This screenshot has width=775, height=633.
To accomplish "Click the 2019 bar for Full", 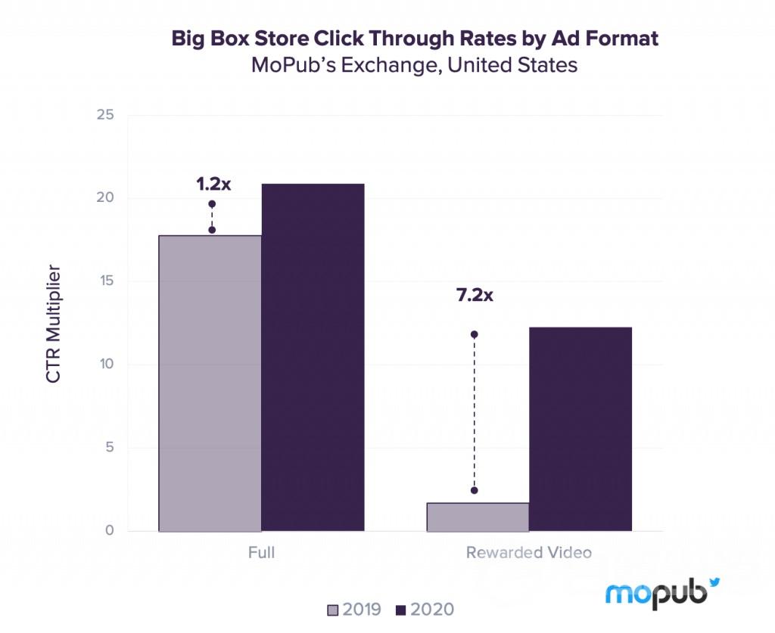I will click(x=210, y=383).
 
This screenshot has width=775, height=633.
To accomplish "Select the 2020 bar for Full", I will click(x=313, y=357).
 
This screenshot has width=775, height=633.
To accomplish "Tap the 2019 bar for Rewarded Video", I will click(x=478, y=517).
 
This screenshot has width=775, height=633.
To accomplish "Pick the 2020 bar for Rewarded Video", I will click(x=580, y=429).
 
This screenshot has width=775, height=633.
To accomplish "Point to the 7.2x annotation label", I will click(x=475, y=295).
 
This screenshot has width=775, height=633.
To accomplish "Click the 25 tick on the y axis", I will click(x=105, y=116).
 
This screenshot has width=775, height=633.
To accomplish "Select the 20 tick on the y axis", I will click(x=105, y=199).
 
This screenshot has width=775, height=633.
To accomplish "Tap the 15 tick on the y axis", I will click(x=105, y=281).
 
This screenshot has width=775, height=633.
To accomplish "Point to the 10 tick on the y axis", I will click(x=105, y=365).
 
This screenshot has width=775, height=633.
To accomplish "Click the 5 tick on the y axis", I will click(x=109, y=448).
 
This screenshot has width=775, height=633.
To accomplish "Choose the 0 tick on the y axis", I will click(x=109, y=531).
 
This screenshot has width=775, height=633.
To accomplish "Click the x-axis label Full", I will click(x=261, y=552).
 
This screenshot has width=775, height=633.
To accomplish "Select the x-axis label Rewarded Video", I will click(x=528, y=552).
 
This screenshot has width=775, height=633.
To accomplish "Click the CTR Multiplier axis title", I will click(x=54, y=323).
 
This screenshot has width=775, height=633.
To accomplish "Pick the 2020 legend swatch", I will click(x=400, y=610).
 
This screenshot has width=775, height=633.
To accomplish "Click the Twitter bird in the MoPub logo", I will click(x=714, y=582).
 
